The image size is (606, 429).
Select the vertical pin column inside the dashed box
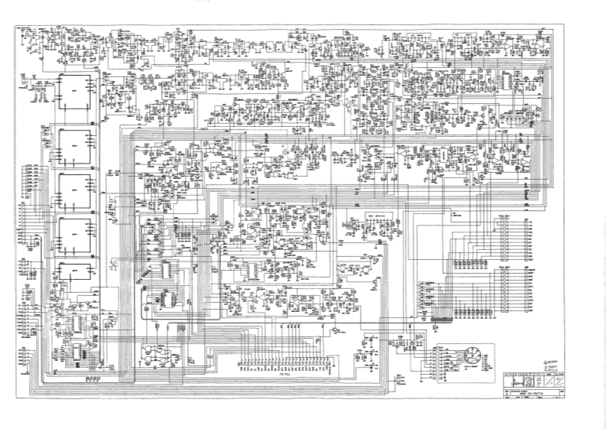coord(441,360)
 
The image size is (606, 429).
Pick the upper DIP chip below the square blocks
coord(79,324)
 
